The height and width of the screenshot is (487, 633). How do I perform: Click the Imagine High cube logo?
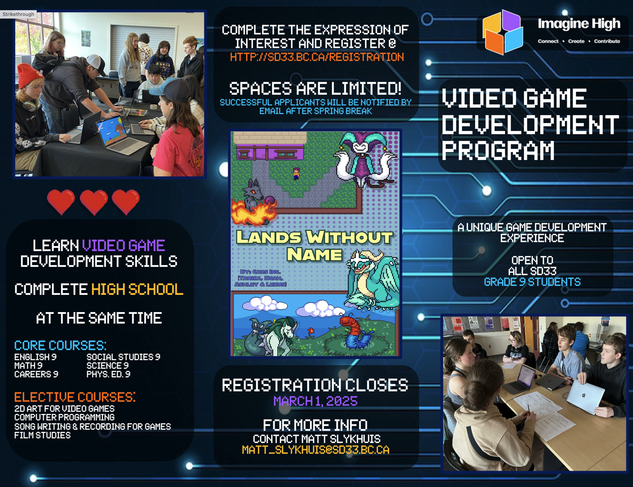coord(503,32)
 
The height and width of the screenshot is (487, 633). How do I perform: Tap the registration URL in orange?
coord(317,57)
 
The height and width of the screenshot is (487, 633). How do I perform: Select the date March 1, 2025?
coord(315,401)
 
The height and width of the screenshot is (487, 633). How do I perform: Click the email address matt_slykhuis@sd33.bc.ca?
coord(316,450)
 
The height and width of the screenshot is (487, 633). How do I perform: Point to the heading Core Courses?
coord(60,345)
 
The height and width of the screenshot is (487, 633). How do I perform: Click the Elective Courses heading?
coord(75,397)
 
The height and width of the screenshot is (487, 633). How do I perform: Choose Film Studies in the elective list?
coord(42,435)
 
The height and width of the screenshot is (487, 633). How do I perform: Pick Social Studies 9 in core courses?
coord(123,357)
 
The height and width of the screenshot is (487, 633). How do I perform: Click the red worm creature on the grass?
coord(355,332)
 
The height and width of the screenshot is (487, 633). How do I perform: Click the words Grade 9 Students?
coord(532,282)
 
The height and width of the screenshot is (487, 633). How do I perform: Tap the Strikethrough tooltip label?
coord(18,14)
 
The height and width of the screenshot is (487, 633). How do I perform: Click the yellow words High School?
coord(137,289)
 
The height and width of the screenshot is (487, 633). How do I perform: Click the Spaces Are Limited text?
coord(315,88)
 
